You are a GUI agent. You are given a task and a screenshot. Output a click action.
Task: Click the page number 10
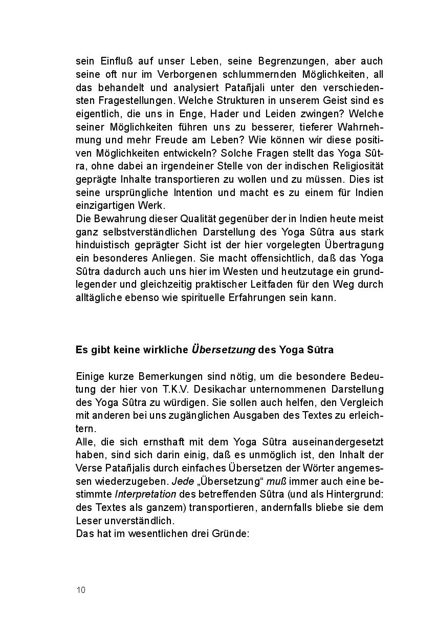coord(81,590)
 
